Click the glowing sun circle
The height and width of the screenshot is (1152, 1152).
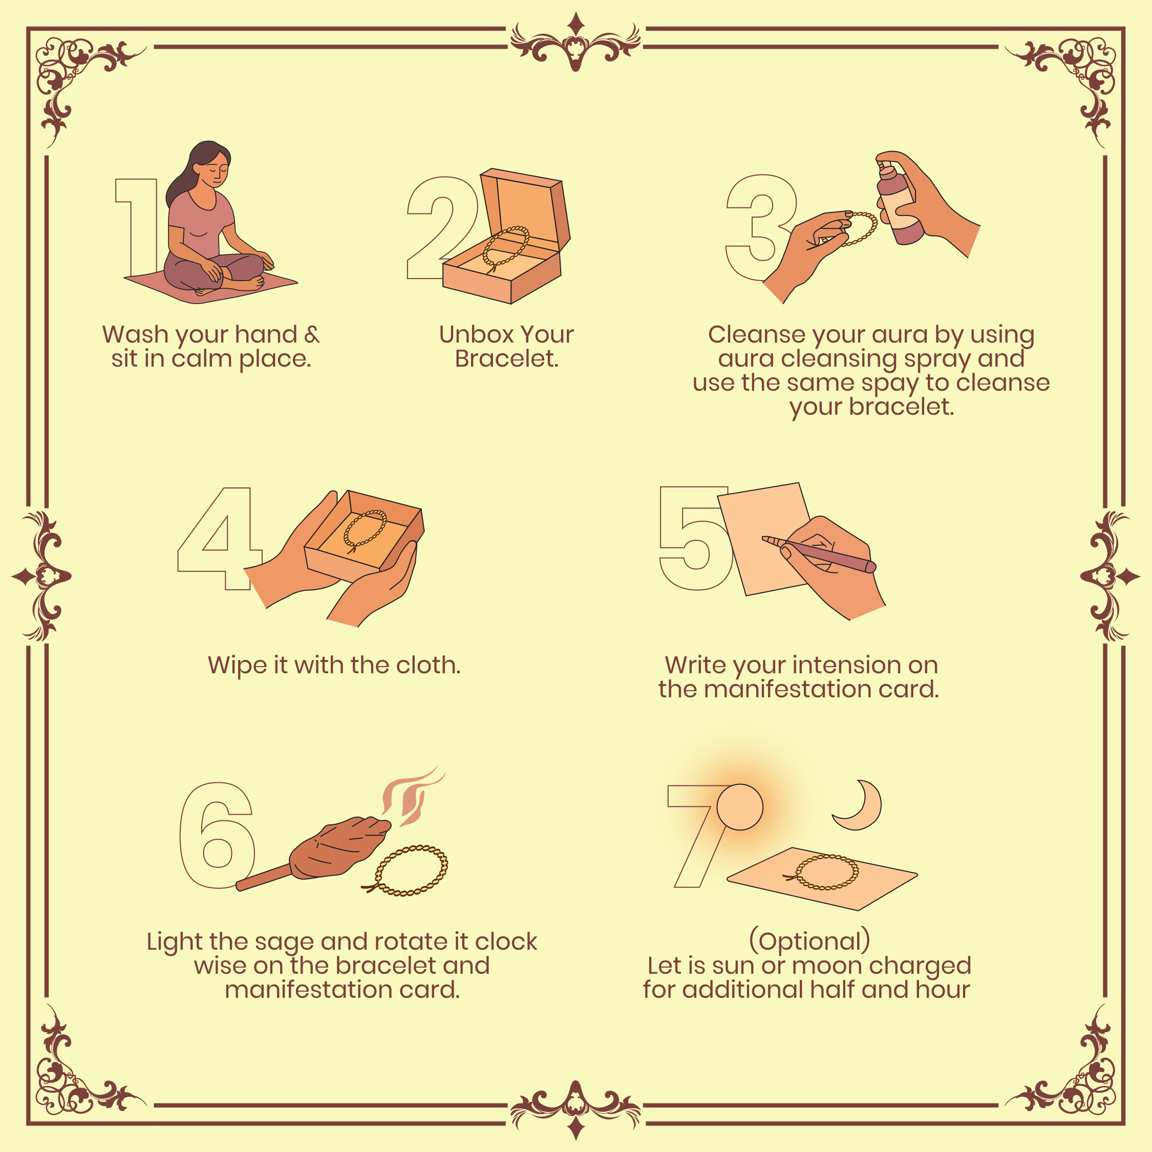[740, 807]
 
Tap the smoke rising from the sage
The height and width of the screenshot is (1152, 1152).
[412, 796]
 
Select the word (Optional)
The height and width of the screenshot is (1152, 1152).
[809, 941]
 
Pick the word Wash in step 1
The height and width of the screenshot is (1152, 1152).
[135, 334]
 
